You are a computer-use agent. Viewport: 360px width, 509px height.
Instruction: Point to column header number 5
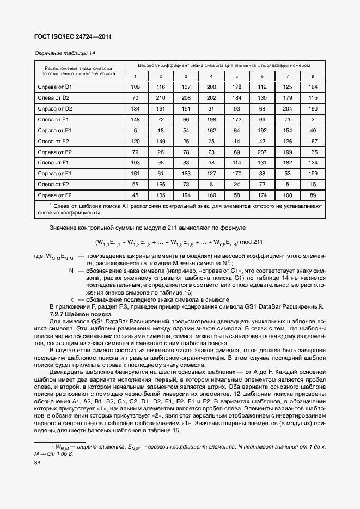pos(237,76)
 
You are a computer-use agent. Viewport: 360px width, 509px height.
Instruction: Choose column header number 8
pos(313,76)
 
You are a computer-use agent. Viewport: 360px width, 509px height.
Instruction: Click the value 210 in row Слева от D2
pos(161,98)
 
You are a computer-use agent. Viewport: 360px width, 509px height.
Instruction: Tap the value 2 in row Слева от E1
pos(313,119)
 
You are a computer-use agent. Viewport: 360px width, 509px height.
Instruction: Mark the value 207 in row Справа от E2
pos(262,152)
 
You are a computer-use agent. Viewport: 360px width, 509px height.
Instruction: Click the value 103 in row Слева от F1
pos(136,163)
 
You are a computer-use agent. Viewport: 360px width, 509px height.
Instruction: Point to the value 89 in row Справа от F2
pos(313,195)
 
